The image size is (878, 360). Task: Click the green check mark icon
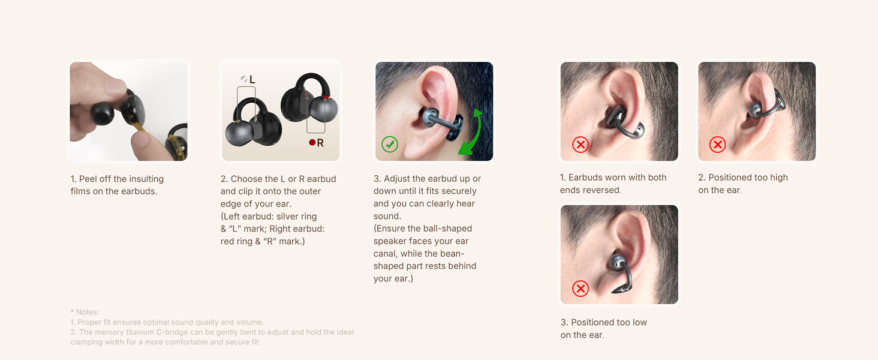390,144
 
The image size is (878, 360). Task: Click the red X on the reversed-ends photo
581,145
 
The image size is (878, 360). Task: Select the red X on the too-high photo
718,145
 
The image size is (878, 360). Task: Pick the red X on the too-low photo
581,289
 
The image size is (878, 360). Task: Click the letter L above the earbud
252,80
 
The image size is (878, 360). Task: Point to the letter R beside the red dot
320,143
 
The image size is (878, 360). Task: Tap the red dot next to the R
312,142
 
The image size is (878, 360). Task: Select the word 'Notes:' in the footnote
88,312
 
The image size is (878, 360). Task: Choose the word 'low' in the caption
640,322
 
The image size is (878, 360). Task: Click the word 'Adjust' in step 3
395,179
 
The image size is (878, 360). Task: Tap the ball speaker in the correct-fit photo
430,117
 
